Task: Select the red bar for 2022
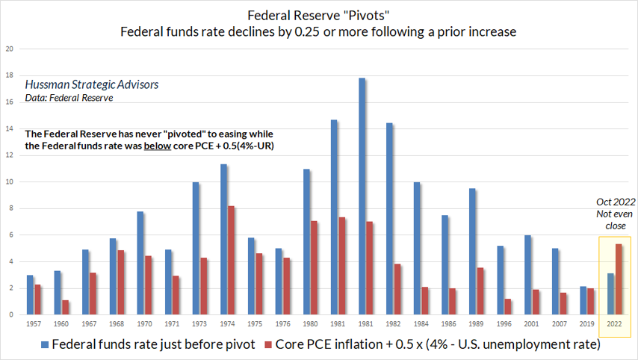(619, 279)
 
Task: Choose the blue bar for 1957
(30, 294)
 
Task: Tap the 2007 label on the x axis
(560, 325)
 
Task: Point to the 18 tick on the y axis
(10, 76)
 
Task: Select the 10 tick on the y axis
(10, 182)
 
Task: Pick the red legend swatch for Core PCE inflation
(268, 344)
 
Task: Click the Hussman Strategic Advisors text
(92, 84)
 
